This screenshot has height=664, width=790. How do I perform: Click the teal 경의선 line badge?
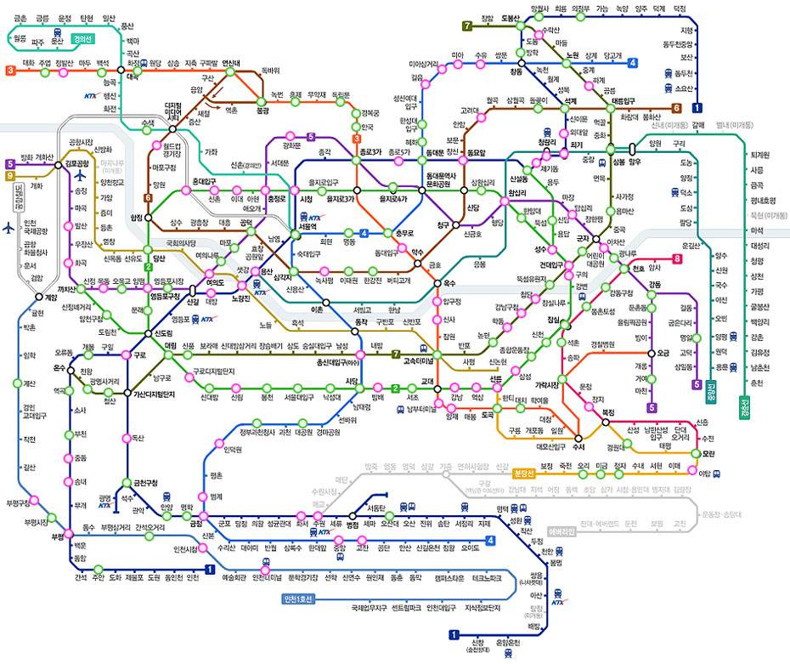[84, 38]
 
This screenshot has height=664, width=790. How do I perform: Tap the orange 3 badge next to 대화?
[10, 71]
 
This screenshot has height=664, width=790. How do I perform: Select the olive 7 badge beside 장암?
[466, 26]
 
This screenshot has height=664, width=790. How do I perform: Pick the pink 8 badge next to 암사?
[677, 258]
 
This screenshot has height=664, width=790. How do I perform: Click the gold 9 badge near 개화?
[10, 176]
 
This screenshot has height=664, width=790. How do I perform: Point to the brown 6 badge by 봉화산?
[677, 108]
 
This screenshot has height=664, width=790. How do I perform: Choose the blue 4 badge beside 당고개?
[632, 62]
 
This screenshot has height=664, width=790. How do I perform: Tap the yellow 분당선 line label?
[524, 474]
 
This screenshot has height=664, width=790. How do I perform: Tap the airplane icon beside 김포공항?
[82, 177]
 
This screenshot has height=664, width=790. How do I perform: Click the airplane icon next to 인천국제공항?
[9, 228]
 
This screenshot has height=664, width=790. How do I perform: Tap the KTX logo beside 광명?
[105, 506]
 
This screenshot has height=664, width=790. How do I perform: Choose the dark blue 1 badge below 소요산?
[697, 108]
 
